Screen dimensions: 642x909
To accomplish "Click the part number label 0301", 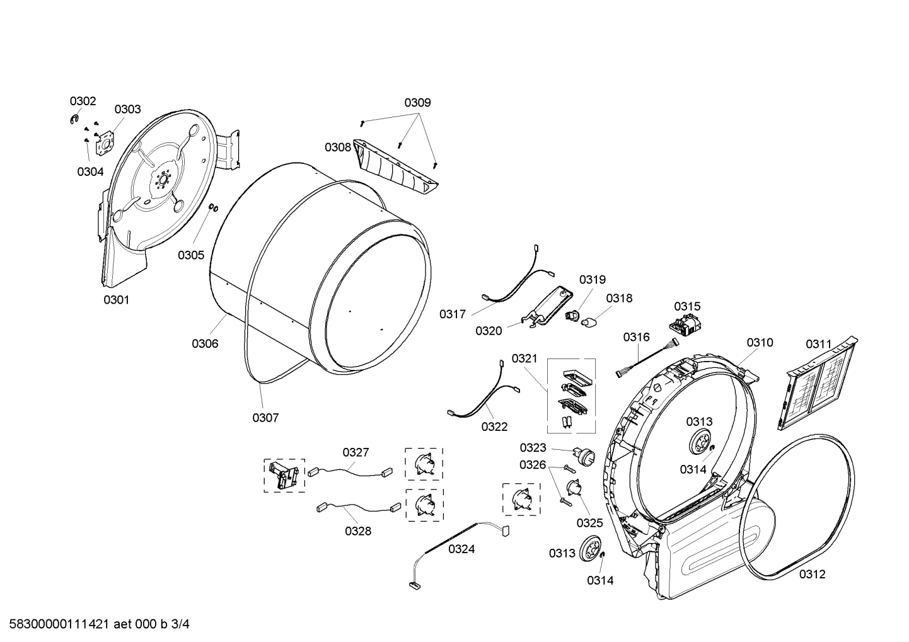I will click(x=116, y=300).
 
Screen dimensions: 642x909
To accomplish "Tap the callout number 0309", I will click(x=417, y=103).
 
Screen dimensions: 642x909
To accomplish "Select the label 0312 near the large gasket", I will click(x=812, y=574).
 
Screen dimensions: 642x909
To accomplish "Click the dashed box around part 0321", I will click(x=570, y=396).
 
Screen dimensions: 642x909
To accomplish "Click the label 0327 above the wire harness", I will click(x=356, y=452).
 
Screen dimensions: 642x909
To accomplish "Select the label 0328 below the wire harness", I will click(x=357, y=531).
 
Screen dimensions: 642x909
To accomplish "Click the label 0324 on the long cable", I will click(x=461, y=549).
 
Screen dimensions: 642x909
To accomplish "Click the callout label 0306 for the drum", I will click(x=205, y=343).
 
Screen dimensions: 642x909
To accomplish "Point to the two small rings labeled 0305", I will click(x=213, y=208).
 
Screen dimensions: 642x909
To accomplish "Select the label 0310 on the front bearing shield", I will click(x=760, y=343).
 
